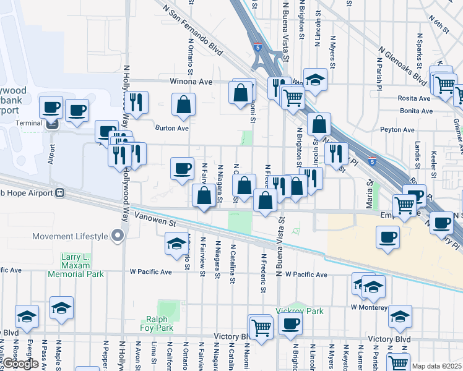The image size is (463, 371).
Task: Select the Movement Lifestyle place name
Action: point(69,236)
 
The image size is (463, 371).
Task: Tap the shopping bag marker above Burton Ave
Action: point(184,106)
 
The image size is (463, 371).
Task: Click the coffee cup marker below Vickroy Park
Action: point(290,325)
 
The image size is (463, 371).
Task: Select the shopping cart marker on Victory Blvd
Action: point(262,328)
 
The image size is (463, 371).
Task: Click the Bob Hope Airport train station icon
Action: point(60,192)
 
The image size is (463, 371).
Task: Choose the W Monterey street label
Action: point(370,307)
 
